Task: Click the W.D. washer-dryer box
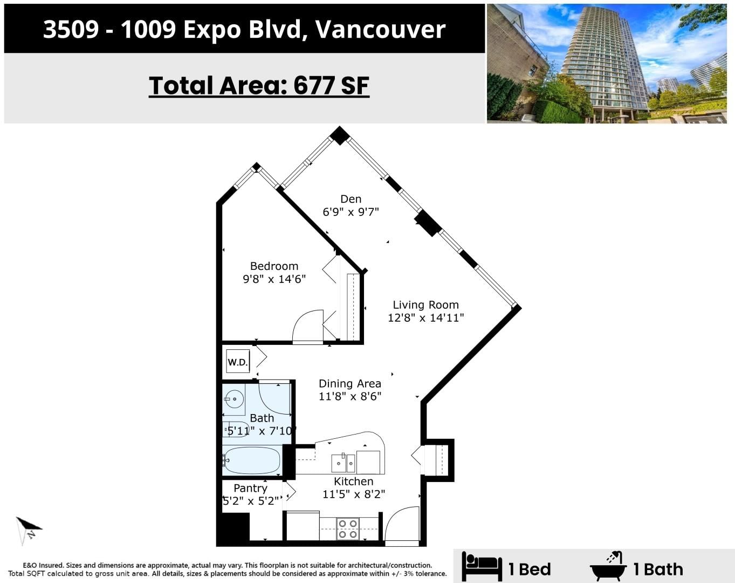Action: click(238, 362)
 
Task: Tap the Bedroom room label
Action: click(274, 266)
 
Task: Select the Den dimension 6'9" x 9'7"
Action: click(351, 212)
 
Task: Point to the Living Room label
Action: click(425, 304)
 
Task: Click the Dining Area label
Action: click(350, 384)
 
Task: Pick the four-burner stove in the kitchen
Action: click(348, 528)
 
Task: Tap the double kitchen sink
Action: click(344, 463)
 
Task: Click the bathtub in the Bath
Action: click(252, 460)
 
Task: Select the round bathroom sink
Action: click(234, 399)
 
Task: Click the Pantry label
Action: click(250, 488)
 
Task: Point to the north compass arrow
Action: click(29, 529)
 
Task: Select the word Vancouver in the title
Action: click(381, 29)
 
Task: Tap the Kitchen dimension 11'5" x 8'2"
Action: click(354, 494)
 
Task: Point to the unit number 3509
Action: click(71, 29)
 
